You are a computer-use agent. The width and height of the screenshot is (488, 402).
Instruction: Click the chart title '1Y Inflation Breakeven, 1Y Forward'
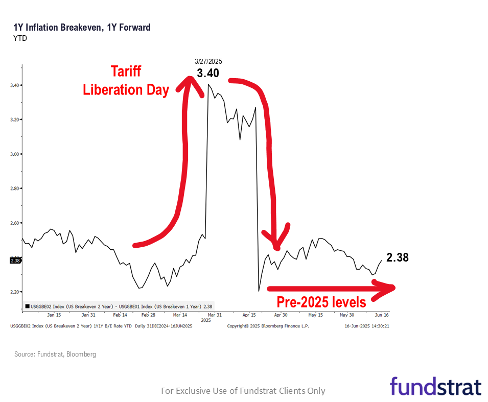(82, 28)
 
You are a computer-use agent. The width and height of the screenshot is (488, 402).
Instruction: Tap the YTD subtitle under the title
(20, 38)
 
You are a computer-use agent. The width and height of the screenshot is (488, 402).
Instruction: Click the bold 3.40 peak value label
(207, 73)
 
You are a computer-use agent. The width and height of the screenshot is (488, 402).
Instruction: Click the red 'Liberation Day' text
(126, 90)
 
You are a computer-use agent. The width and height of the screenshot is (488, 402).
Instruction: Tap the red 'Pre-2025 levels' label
(321, 302)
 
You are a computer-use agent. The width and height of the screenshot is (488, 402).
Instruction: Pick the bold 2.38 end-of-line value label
(397, 257)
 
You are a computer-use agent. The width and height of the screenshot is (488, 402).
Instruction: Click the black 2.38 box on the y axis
(15, 261)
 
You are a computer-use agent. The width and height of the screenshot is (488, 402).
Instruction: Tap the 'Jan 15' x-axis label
(54, 315)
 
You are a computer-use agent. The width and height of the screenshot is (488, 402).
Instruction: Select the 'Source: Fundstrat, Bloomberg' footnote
(55, 354)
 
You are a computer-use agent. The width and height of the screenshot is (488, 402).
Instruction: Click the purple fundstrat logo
(435, 387)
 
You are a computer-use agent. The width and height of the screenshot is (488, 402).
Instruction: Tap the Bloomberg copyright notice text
(268, 326)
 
